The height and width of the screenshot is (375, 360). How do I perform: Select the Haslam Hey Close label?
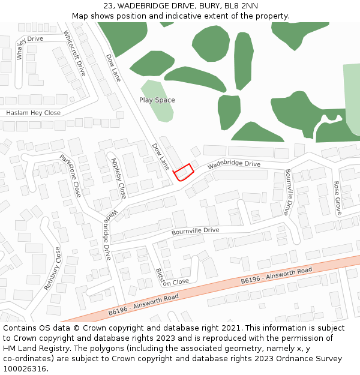[x=33, y=113]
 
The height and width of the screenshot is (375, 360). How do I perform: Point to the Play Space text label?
[x=157, y=100]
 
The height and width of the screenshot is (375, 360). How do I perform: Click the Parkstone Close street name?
[x=70, y=176]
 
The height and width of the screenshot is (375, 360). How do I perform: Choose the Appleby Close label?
[x=118, y=178]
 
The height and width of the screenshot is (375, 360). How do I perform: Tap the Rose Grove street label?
[x=337, y=198]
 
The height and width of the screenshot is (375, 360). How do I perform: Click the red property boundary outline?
[x=184, y=172]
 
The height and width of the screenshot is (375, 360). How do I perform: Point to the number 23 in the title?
[x=109, y=5]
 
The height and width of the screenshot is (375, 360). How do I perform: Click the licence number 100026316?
[x=25, y=369]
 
